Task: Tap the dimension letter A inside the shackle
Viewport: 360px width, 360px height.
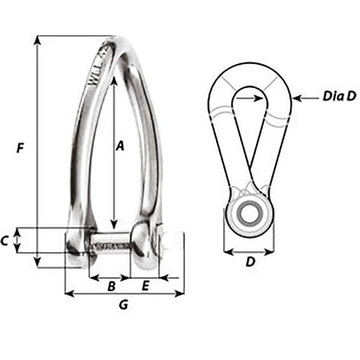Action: pyautogui.click(x=120, y=146)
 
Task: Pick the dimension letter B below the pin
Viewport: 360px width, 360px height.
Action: pyautogui.click(x=113, y=286)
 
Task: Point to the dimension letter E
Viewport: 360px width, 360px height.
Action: pyautogui.click(x=146, y=286)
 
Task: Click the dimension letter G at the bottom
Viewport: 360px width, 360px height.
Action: pyautogui.click(x=122, y=304)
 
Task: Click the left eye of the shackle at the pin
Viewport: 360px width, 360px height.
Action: pyautogui.click(x=77, y=242)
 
